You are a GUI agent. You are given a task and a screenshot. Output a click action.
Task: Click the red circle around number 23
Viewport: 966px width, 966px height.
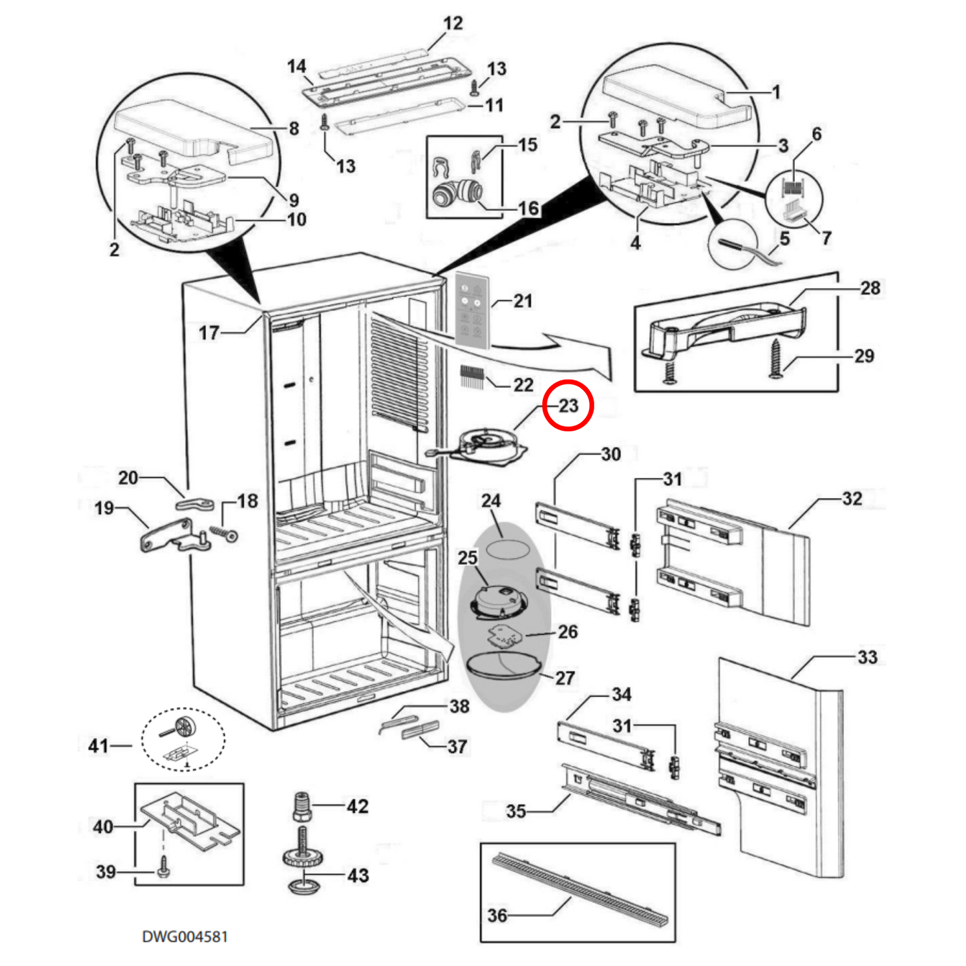[x=568, y=405]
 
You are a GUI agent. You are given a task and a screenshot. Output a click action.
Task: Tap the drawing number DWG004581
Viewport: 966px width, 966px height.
[x=185, y=936]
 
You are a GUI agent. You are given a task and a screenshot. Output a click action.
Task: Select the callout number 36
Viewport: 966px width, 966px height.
[x=497, y=915]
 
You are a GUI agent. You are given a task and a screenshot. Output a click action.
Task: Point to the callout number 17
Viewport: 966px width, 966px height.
[x=209, y=332]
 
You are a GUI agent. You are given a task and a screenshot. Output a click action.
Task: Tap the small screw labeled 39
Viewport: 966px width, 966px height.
[x=162, y=871]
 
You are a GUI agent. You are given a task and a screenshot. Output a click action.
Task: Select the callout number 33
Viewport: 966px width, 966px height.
[x=867, y=657]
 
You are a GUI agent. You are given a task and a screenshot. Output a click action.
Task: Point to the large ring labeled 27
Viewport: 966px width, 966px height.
[x=503, y=669]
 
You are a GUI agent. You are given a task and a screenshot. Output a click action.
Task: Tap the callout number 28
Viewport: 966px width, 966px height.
[x=870, y=288]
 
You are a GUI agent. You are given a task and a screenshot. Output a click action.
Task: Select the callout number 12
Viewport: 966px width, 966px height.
[x=453, y=23]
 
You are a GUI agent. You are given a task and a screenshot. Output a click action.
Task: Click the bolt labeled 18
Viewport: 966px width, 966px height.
[x=223, y=533]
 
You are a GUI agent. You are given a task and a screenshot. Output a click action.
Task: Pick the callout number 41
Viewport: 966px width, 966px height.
[x=98, y=745]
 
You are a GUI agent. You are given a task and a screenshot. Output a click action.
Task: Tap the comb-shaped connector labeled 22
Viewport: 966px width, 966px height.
[x=471, y=379]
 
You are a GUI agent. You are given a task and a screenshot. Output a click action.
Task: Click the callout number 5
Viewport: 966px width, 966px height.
[x=784, y=239]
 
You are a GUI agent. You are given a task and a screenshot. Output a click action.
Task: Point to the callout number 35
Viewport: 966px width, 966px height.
[x=515, y=811]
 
